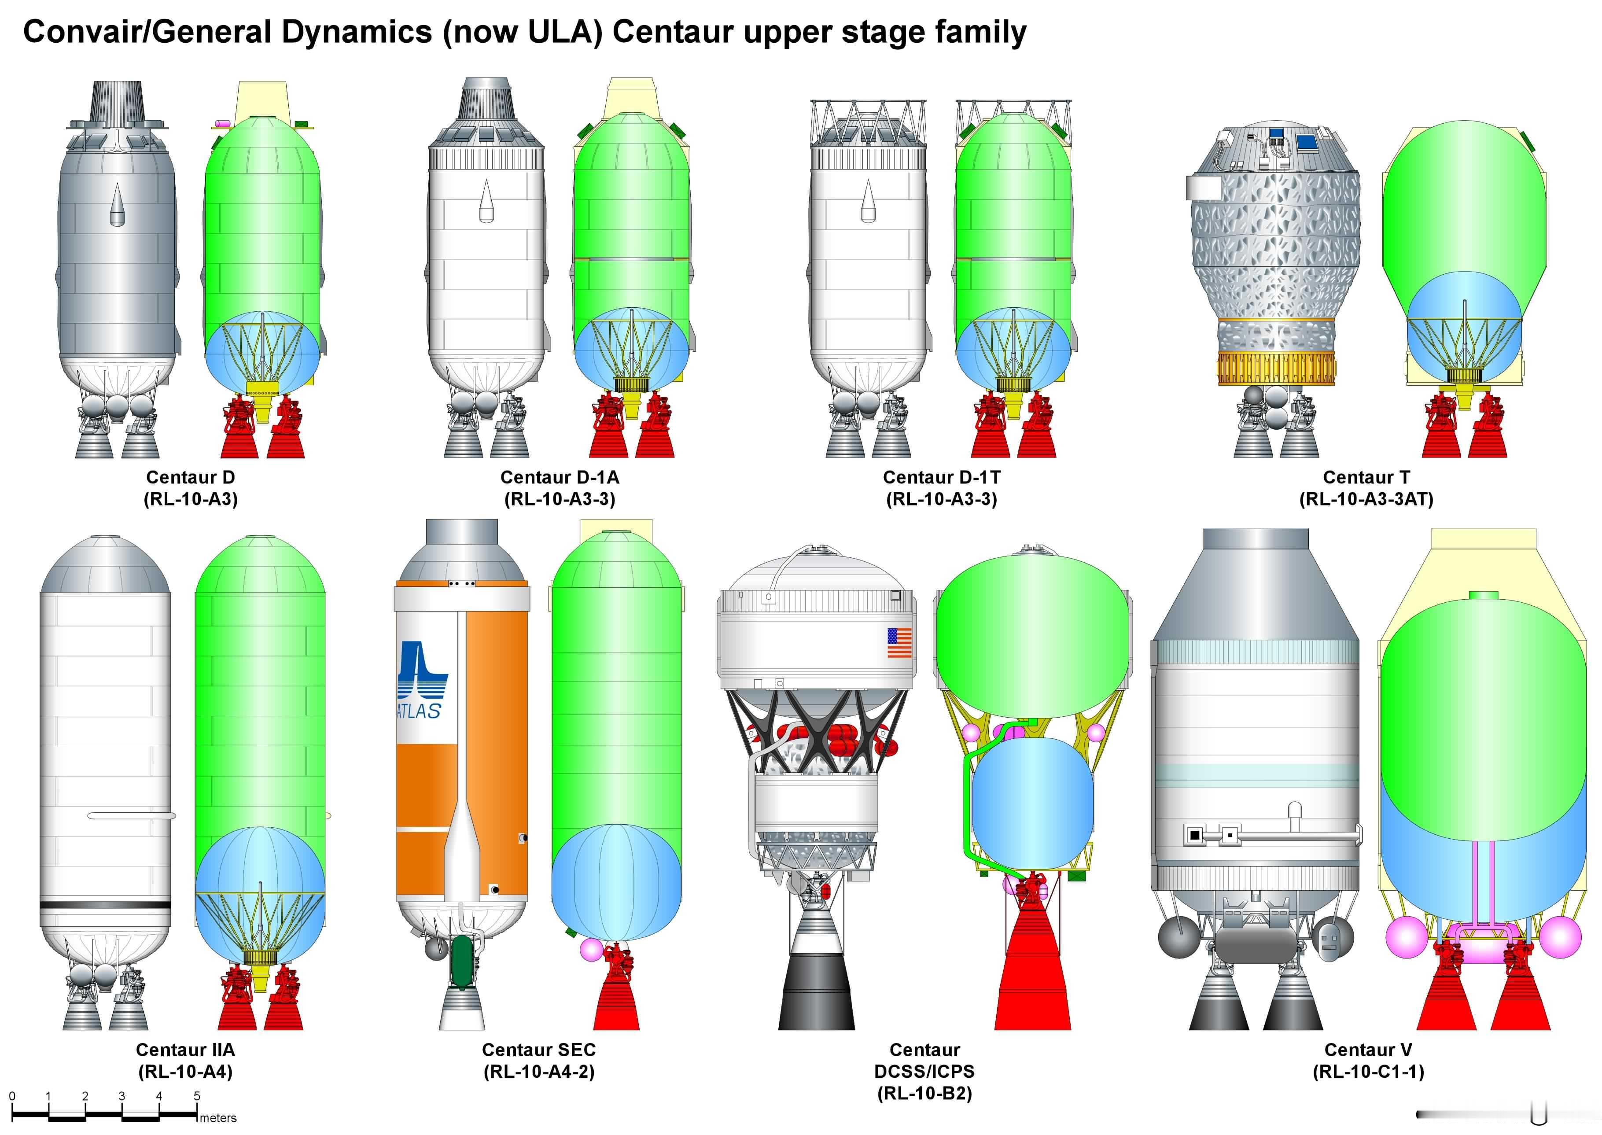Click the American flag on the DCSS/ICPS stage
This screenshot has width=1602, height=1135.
click(x=900, y=642)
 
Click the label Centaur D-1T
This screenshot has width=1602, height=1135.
click(x=941, y=477)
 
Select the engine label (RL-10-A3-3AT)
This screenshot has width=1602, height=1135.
click(x=1366, y=499)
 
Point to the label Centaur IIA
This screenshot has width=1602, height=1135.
click(x=185, y=1050)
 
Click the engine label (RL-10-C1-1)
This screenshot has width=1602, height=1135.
click(x=1368, y=1072)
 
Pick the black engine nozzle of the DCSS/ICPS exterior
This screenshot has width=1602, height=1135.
click(x=816, y=992)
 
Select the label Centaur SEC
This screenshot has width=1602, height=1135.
click(x=539, y=1050)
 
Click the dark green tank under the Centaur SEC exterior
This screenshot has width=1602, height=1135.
click(x=461, y=961)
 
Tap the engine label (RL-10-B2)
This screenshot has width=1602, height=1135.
click(x=924, y=1093)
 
